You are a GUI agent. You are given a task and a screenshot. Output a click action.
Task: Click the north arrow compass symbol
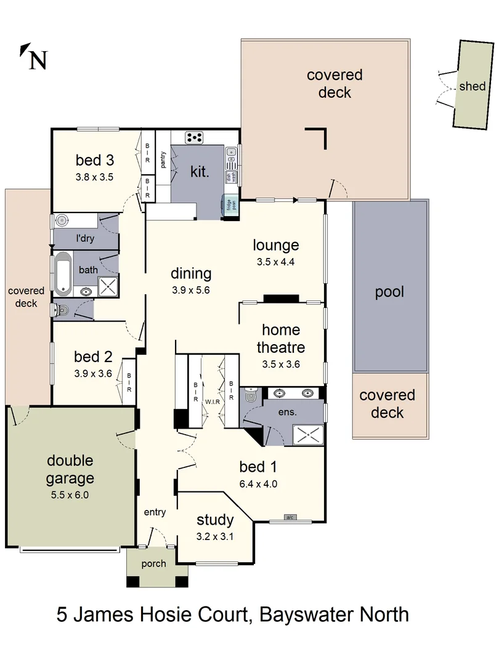(34, 57)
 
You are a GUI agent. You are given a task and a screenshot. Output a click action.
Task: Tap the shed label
(472, 86)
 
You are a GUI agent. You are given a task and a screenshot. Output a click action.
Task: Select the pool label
(389, 291)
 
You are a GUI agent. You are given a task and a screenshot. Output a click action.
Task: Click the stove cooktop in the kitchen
(195, 137)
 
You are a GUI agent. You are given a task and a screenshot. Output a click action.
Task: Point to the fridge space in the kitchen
(230, 203)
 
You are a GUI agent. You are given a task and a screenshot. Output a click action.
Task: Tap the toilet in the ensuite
(250, 398)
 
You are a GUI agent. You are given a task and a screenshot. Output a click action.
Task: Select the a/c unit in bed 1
(290, 517)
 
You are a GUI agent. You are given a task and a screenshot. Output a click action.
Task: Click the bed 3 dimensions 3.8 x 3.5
(95, 176)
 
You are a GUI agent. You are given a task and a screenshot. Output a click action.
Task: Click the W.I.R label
(213, 401)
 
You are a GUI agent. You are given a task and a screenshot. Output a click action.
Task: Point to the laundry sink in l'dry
(62, 220)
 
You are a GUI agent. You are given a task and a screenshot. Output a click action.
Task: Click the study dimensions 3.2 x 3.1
(215, 536)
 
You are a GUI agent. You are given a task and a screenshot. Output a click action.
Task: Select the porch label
(153, 563)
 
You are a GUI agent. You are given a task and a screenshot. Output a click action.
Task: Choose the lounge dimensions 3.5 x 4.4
(276, 262)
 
